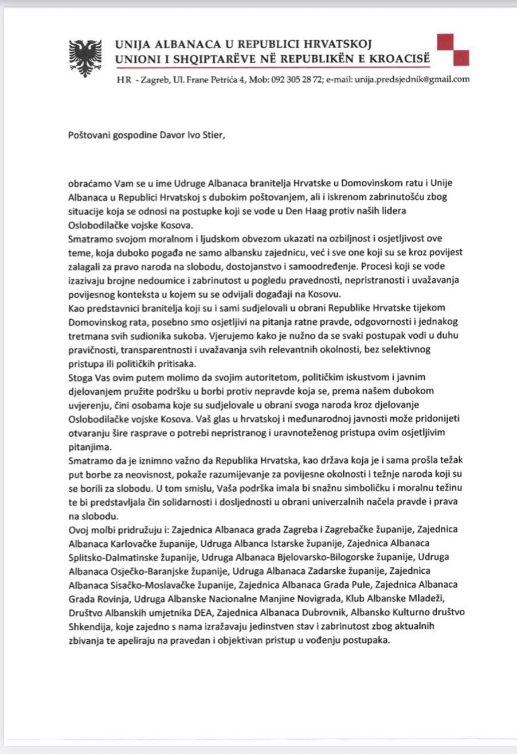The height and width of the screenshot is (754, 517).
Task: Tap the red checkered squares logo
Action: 453,50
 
